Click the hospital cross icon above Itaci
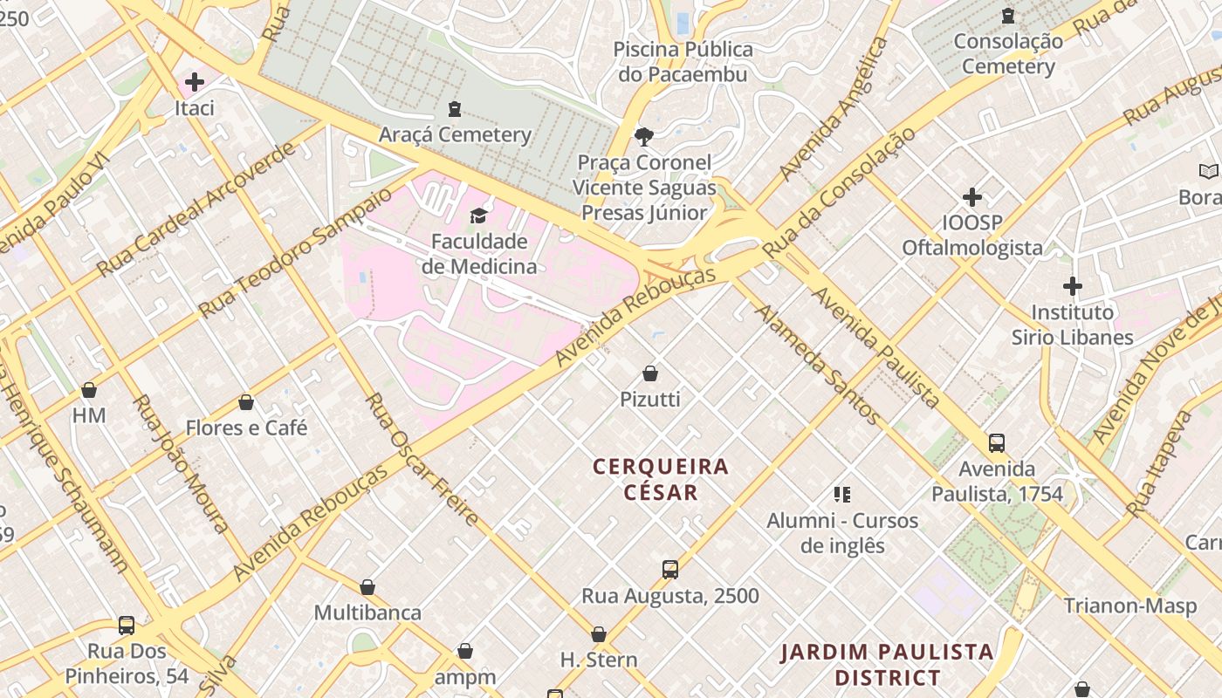click(194, 82)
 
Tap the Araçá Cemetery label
click(455, 134)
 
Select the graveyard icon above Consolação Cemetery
click(1008, 16)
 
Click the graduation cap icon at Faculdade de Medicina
click(478, 216)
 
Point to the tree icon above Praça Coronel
click(644, 136)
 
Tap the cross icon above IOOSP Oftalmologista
click(972, 197)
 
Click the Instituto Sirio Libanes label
click(1072, 325)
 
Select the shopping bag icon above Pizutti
click(649, 373)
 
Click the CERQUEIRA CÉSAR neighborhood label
click(661, 479)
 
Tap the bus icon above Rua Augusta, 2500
click(669, 570)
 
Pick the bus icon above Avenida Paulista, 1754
click(997, 443)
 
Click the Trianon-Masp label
click(1129, 606)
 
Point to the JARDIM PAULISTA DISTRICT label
click(887, 665)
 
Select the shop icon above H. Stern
click(599, 634)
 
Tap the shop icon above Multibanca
click(367, 587)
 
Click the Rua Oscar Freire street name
click(422, 460)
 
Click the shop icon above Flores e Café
click(246, 402)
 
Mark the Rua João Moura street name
click(182, 463)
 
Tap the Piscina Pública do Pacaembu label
click(683, 61)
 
